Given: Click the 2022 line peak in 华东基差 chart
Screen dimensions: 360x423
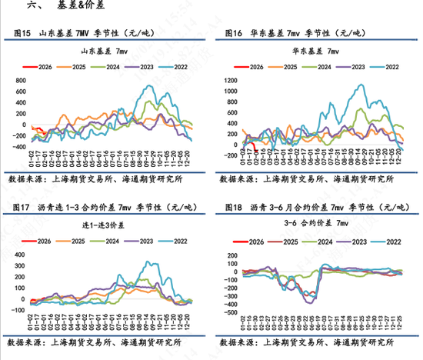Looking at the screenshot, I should point(358,85).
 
